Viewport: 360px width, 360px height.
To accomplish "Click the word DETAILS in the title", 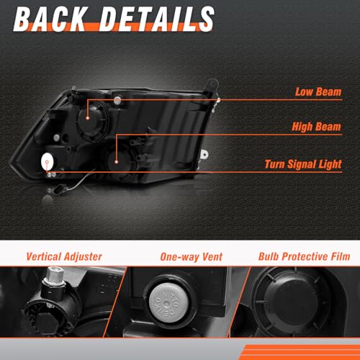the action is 156,19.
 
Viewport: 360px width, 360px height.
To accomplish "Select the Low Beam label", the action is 318,92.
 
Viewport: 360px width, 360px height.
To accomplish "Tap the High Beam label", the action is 316,127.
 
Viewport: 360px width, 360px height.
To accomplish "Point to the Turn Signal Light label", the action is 303,164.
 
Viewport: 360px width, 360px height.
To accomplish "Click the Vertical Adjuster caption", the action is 64,257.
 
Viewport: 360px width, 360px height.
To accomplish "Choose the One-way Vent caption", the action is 192,257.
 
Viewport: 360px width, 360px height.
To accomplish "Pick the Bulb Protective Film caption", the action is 304,256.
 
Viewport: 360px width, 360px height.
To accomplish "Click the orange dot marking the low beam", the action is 88,118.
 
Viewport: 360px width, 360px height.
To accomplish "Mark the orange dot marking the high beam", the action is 117,162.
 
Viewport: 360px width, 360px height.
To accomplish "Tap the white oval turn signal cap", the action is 48,161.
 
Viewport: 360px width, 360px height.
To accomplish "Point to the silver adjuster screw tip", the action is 54,274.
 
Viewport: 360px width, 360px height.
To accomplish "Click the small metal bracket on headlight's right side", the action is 204,155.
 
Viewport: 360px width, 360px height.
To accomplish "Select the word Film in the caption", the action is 341,256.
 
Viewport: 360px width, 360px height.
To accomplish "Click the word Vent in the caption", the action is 212,257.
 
